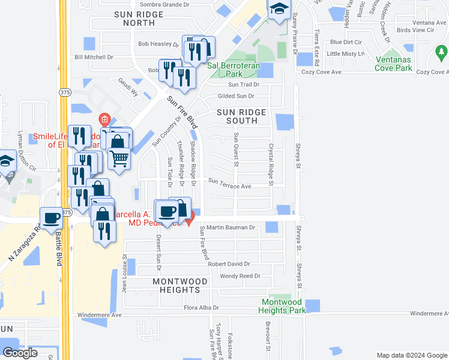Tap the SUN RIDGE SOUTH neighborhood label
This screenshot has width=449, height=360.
coord(241,116)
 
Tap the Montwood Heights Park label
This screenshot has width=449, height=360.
coord(282,306)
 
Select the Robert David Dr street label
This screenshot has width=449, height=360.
coord(229,264)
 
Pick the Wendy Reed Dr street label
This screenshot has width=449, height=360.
coord(240,276)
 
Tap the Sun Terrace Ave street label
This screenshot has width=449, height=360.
coord(229,186)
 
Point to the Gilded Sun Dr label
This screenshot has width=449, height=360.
coord(236,96)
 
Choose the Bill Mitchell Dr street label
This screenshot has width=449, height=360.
coord(94,58)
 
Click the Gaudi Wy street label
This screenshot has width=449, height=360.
coord(128,88)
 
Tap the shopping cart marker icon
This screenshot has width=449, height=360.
coord(119,159)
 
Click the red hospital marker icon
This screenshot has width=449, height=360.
coord(105,119)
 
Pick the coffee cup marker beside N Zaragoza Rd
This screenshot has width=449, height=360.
coord(52,218)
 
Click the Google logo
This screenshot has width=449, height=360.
coord(20,353)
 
